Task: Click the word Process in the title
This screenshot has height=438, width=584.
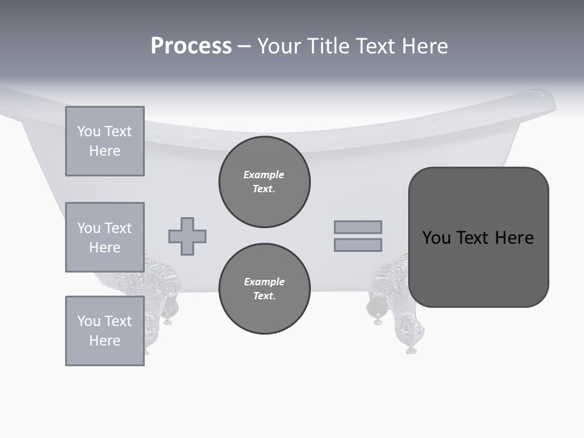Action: (191, 46)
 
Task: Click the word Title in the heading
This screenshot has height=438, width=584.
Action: (327, 46)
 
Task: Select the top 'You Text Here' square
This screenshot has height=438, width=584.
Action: (105, 141)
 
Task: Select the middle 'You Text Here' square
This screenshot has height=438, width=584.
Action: (105, 237)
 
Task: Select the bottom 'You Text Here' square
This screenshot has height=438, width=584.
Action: (105, 331)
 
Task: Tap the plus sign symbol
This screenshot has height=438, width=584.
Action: (187, 236)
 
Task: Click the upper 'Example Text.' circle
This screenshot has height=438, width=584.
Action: (265, 182)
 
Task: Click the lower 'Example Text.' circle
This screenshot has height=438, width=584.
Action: (265, 289)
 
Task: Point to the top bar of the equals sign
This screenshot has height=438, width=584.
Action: (358, 227)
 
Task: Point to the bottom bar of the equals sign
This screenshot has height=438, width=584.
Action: (358, 245)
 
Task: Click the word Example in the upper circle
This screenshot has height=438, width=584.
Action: (264, 175)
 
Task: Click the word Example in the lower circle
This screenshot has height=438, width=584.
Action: (264, 282)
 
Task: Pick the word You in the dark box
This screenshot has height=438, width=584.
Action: (436, 238)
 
